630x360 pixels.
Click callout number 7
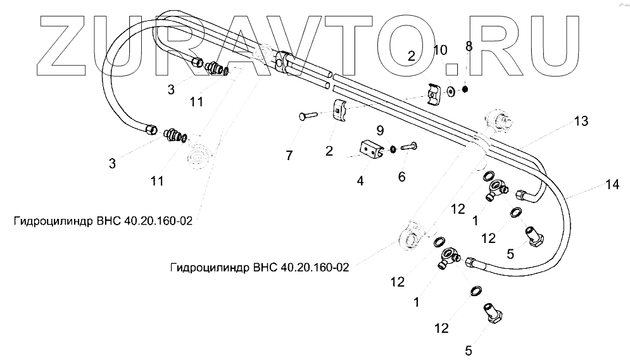coord(289,156)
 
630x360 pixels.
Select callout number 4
coord(360,181)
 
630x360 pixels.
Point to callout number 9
coord(380,131)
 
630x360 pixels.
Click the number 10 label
coord(440,50)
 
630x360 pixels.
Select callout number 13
coord(581,121)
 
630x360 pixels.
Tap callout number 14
coord(611,185)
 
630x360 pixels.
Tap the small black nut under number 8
coord(466,90)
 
